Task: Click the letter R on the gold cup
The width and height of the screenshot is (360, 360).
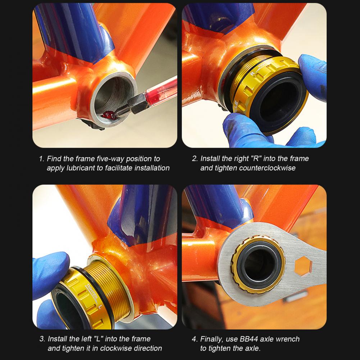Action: tap(253, 73)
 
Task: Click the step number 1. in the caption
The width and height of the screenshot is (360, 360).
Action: tap(42, 159)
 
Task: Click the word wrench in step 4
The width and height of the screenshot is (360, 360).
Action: tap(288, 339)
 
